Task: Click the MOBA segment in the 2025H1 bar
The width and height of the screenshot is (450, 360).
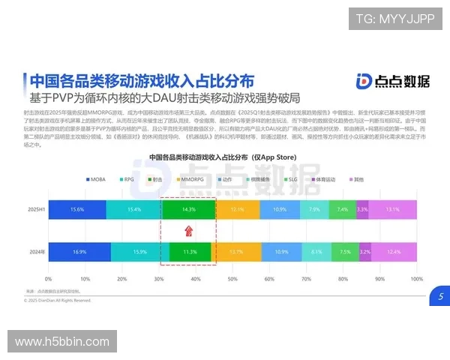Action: pyautogui.click(x=76, y=209)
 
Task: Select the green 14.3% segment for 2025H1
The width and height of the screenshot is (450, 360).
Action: pyautogui.click(x=188, y=209)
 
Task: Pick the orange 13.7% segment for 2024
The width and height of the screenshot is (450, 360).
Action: pyautogui.click(x=235, y=252)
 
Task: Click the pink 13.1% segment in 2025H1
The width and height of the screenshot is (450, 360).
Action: pyautogui.click(x=392, y=209)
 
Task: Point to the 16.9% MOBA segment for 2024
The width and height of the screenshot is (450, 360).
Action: pyautogui.click(x=79, y=252)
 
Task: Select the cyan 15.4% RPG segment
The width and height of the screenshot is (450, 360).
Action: pyautogui.click(x=133, y=209)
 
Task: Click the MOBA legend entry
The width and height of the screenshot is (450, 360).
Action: pyautogui.click(x=96, y=180)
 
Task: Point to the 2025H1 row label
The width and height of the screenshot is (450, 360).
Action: pyautogui.click(x=34, y=209)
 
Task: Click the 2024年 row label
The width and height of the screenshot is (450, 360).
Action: pyautogui.click(x=35, y=252)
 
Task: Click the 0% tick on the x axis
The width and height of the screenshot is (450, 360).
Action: pyautogui.click(x=49, y=278)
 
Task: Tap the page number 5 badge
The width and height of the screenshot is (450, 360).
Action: pyautogui.click(x=440, y=296)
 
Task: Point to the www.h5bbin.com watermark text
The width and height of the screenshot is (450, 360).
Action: pyautogui.click(x=62, y=342)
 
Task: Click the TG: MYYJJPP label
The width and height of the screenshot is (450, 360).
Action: pyautogui.click(x=394, y=19)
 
